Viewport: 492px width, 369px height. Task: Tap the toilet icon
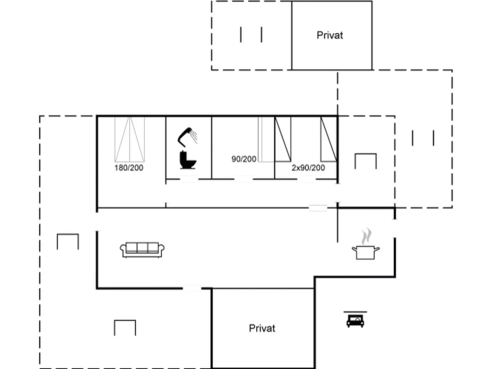[x=188, y=160]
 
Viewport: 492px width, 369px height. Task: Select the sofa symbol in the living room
[x=142, y=250]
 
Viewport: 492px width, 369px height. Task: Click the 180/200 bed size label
[x=129, y=168]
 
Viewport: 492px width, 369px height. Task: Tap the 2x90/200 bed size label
[x=308, y=168]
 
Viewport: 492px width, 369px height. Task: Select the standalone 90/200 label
[x=244, y=159]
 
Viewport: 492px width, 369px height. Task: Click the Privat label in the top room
[x=330, y=36]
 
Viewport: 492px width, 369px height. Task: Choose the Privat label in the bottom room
[x=262, y=329]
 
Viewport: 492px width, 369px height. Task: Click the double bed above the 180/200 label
[x=130, y=139]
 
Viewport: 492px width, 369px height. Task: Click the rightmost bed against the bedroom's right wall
[x=329, y=139]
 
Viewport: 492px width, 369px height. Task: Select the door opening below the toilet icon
[x=189, y=179]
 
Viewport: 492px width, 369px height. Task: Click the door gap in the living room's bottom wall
[x=192, y=288]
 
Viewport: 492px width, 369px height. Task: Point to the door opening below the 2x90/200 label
[x=306, y=179]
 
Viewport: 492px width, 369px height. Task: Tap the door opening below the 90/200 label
[x=244, y=179]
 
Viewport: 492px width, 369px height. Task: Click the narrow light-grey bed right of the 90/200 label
[x=266, y=139]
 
